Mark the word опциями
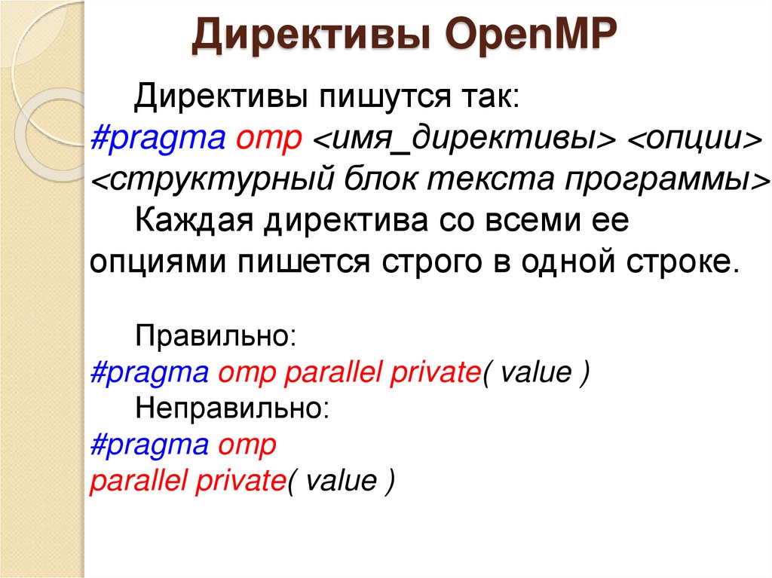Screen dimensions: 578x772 [158, 265]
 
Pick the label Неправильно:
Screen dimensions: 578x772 [231, 409]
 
